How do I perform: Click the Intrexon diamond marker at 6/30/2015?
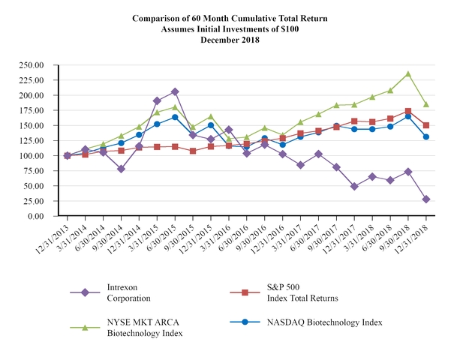tap(175, 91)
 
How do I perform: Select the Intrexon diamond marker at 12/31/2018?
tap(426, 199)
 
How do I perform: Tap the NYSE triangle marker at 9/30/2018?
tap(408, 74)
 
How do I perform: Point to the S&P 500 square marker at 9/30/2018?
tap(408, 111)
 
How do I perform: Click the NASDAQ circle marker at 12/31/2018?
tap(426, 136)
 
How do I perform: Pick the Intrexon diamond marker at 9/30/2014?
tap(121, 169)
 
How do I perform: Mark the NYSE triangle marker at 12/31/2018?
tap(426, 104)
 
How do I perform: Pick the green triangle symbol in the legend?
tap(85, 327)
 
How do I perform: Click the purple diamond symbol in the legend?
tap(85, 292)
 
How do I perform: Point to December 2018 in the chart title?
tap(230, 40)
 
